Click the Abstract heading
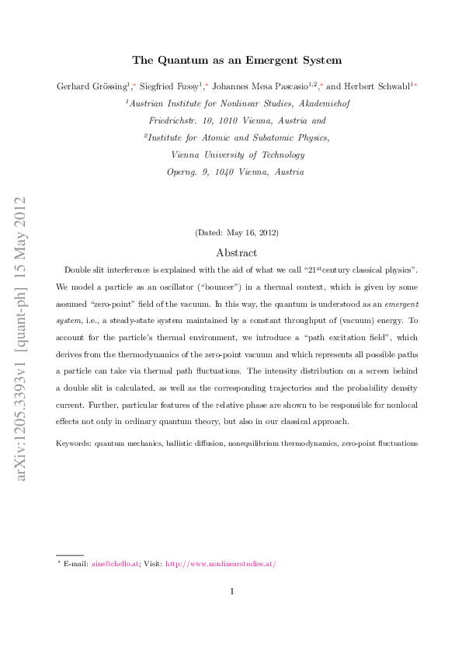click(236, 252)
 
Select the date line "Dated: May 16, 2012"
click(236, 232)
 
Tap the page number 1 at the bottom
click(232, 592)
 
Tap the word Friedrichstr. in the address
click(172, 120)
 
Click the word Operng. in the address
click(184, 172)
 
